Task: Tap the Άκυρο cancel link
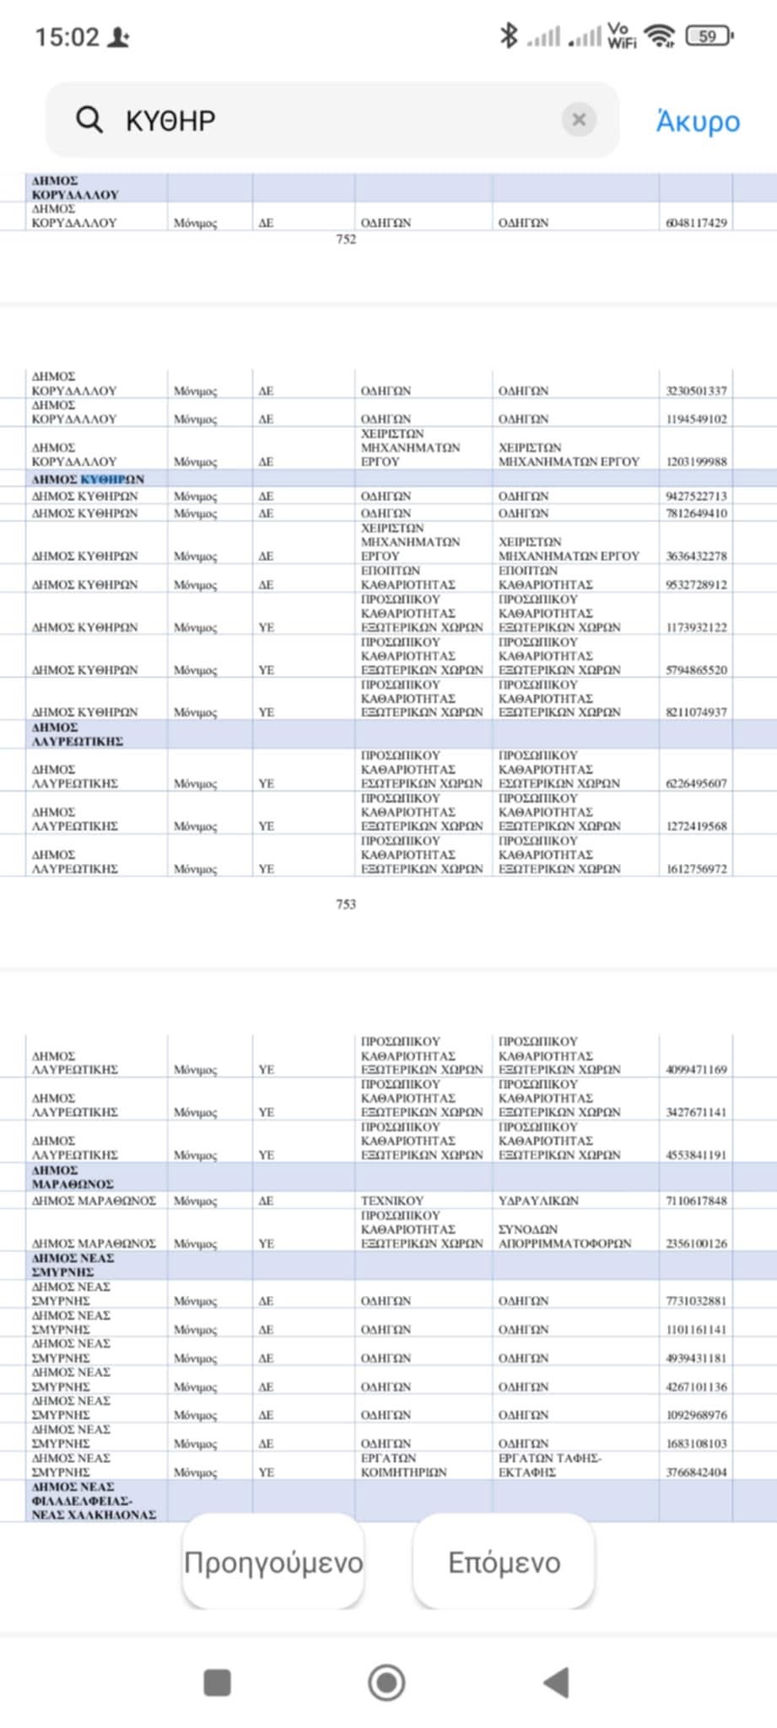coord(698,121)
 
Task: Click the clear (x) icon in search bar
coord(579,120)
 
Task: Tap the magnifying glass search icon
coord(89,120)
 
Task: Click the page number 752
coord(346,240)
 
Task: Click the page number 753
coord(346,904)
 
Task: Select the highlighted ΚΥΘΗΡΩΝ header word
coord(112,479)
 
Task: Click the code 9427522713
coord(696,496)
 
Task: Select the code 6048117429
coord(696,223)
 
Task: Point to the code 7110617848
coord(696,1201)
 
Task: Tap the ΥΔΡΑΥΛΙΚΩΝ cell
coord(538,1201)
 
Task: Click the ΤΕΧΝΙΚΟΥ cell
coord(392,1201)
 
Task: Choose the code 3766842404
coord(696,1472)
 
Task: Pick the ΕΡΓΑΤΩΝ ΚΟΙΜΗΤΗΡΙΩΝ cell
coord(403,1466)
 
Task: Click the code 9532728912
coord(696,585)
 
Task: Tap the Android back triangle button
coord(557,1682)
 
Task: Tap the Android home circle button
coord(386,1682)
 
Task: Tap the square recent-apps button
coord(218,1682)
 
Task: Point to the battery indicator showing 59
coord(710,36)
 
